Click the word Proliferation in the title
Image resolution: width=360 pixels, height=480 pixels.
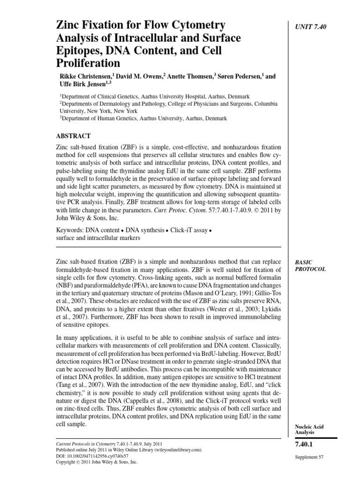[88, 62]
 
